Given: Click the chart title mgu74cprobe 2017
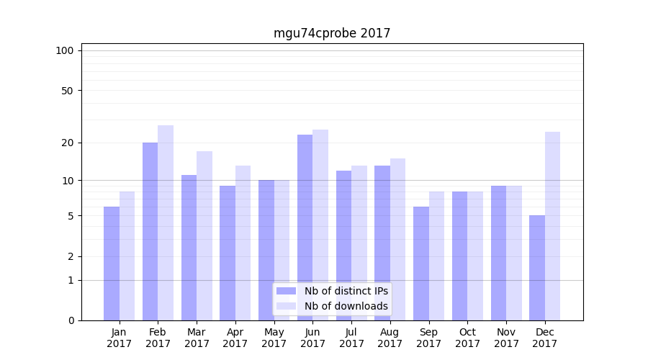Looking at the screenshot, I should pyautogui.click(x=332, y=33).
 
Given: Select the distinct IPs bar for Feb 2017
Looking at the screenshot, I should pyautogui.click(x=150, y=230).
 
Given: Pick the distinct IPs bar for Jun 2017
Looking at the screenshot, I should pyautogui.click(x=305, y=227).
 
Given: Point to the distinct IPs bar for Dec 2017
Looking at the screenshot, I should pyautogui.click(x=537, y=267).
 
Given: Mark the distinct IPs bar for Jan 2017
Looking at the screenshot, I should pyautogui.click(x=112, y=263).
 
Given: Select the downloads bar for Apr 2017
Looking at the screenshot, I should pyautogui.click(x=243, y=243).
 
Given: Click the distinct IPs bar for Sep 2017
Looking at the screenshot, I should pyautogui.click(x=421, y=263).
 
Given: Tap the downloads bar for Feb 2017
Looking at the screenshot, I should pyautogui.click(x=166, y=222).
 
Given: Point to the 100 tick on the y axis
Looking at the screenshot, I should pyautogui.click(x=65, y=50).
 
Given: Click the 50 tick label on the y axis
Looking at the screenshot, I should pyautogui.click(x=67, y=91).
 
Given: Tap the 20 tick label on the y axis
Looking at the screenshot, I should pyautogui.click(x=67, y=143).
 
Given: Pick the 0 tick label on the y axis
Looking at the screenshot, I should pyautogui.click(x=71, y=320).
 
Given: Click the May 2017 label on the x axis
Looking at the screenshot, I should pyautogui.click(x=274, y=338).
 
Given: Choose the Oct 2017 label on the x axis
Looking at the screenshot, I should pyautogui.click(x=467, y=338).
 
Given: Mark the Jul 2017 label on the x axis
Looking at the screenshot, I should pyautogui.click(x=351, y=338).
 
